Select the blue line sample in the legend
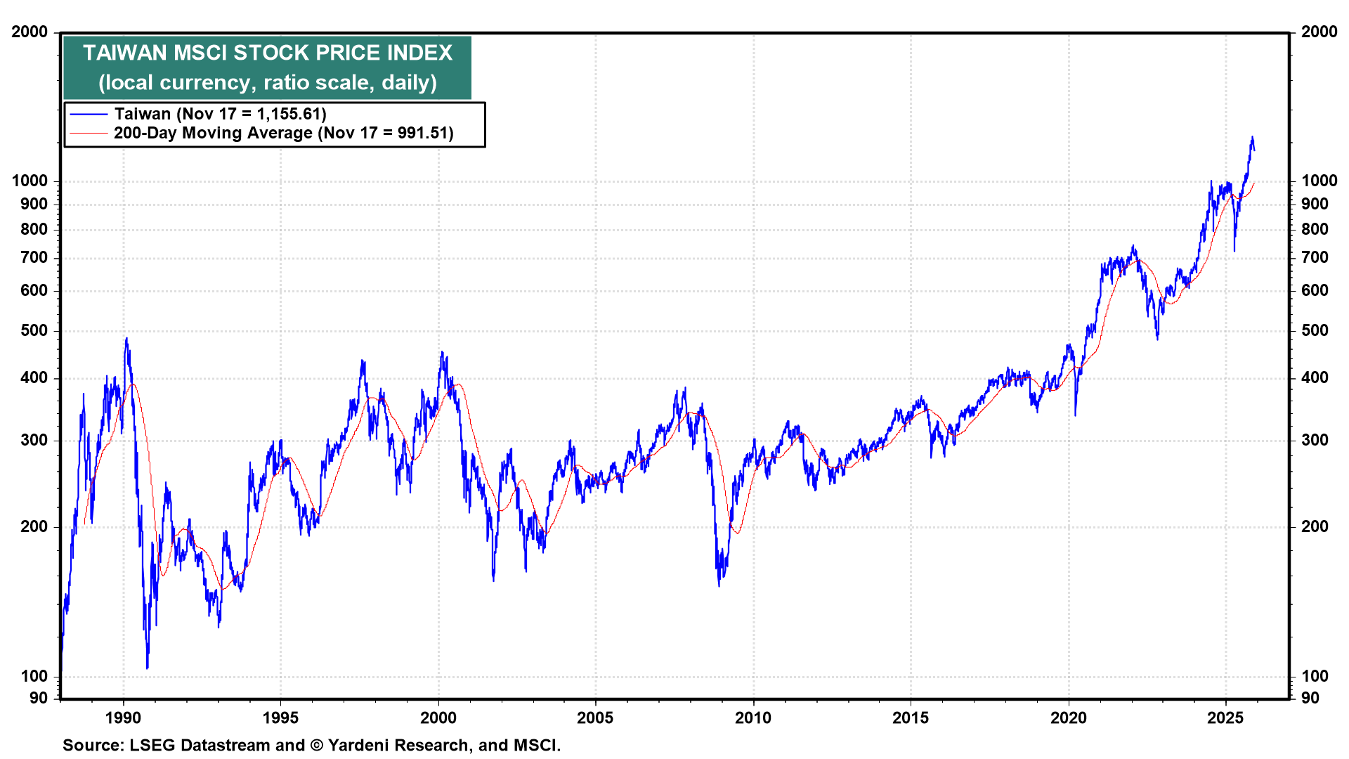coord(89,115)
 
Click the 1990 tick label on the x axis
coord(123,718)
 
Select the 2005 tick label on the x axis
coord(595,718)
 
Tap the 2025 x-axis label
coord(1225,718)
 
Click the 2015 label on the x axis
coord(911,718)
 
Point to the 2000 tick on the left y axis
coord(30,32)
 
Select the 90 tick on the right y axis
coord(1310,699)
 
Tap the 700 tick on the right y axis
coord(1315,258)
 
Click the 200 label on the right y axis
coord(1315,527)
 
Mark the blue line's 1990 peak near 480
coord(126,339)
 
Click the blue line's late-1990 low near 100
coord(147,668)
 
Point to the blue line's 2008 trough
coord(719,585)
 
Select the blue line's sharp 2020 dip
coord(1075,415)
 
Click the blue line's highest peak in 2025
coord(1252,138)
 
